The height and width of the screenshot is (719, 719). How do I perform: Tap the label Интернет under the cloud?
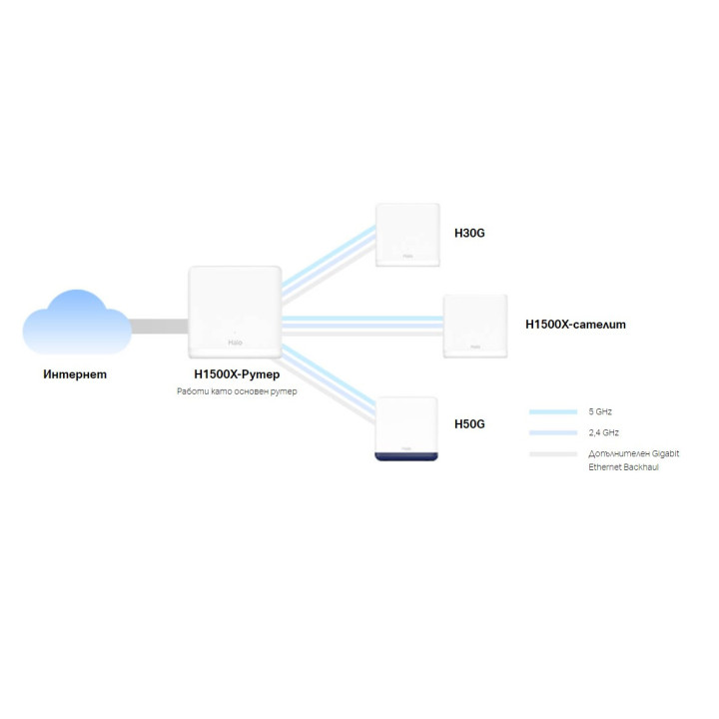(75, 375)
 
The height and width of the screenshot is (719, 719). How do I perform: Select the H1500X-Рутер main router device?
(235, 312)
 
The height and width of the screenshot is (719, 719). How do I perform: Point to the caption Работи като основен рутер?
(237, 392)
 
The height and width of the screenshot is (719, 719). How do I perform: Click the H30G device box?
(407, 236)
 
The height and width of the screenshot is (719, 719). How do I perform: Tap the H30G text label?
(469, 233)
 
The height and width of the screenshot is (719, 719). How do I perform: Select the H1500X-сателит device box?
(475, 326)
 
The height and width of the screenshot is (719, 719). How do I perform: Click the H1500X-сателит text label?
(575, 325)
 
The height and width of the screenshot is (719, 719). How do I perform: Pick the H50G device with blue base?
(407, 428)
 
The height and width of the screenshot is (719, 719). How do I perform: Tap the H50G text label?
(469, 423)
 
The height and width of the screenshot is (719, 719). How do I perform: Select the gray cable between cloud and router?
(159, 327)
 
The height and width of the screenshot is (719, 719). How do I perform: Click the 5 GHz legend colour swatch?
(553, 411)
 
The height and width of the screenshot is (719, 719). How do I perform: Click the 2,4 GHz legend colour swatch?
(553, 433)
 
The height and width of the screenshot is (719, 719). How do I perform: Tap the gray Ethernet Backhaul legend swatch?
(553, 454)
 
